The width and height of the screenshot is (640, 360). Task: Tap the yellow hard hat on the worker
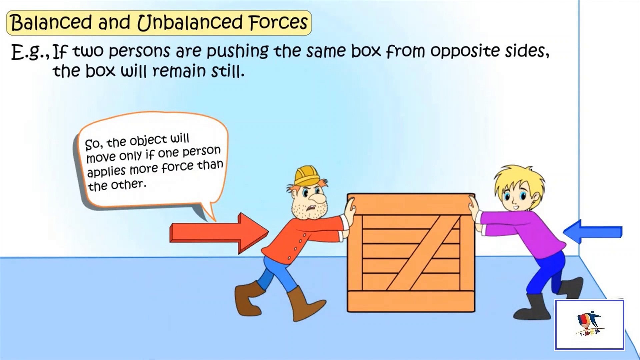[306, 175]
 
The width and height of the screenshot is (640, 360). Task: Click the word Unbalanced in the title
[190, 23]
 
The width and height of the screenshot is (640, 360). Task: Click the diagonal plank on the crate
[422, 253]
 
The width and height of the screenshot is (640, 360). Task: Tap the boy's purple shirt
[530, 230]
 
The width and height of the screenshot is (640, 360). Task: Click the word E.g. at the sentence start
[30, 53]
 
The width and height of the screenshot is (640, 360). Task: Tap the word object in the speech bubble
[148, 141]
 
